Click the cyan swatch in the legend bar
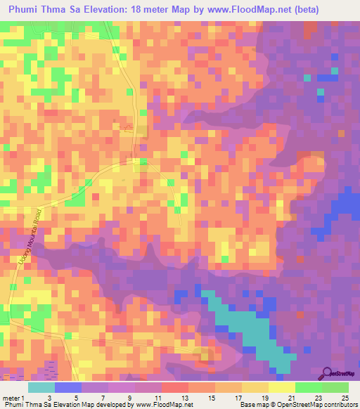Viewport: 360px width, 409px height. pos(41,387)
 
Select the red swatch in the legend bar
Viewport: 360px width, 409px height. pos(174,387)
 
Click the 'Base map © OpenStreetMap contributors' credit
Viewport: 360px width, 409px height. pos(296,405)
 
